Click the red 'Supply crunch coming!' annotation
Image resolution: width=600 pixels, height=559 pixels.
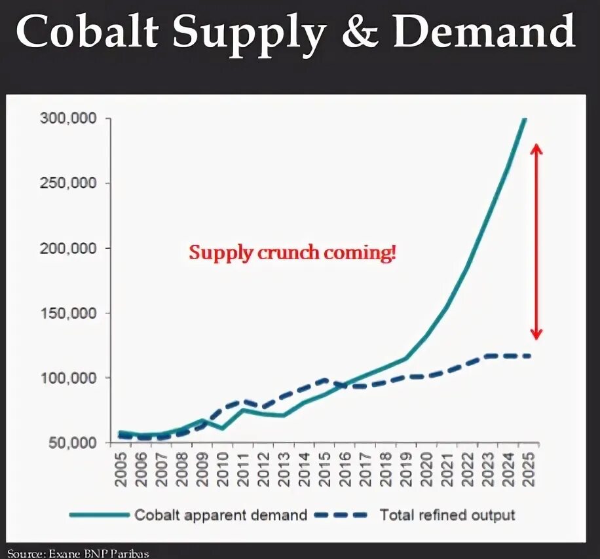293,253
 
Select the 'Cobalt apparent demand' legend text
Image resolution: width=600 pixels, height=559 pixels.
221,515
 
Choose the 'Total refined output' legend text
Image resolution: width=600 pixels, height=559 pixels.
447,515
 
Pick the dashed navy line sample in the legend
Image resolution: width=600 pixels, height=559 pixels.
341,515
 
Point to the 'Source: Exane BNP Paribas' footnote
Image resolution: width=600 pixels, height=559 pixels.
79,554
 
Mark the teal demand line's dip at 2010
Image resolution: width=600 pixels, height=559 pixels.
223,428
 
